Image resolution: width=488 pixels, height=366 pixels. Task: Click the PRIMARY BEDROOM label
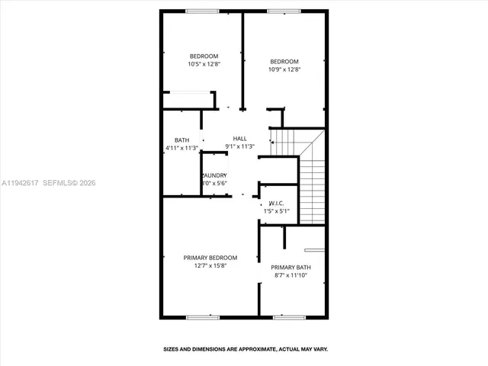point(210,258)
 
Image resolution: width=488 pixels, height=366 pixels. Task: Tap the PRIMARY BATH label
point(291,267)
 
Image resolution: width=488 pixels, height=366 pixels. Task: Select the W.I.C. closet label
point(276,204)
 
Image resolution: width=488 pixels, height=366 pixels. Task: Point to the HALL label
point(239,138)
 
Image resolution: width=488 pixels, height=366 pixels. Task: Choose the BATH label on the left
point(181,140)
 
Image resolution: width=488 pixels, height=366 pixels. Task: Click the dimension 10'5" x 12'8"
point(204,64)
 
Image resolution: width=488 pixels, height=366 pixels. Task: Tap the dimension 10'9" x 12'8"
point(284,69)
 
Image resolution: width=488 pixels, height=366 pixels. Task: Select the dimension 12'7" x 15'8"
point(210,265)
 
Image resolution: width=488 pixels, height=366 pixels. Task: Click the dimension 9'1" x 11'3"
point(239,146)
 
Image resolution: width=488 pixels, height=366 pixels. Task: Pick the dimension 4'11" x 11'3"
point(181,147)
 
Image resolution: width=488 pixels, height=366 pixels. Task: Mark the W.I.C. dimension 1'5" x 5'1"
point(276,211)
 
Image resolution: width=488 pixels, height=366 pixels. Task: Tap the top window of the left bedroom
point(202,11)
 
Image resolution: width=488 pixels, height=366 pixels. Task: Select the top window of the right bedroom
point(284,11)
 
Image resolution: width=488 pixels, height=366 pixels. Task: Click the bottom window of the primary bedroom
point(202,316)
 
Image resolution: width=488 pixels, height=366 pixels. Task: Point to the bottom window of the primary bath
point(289,316)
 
